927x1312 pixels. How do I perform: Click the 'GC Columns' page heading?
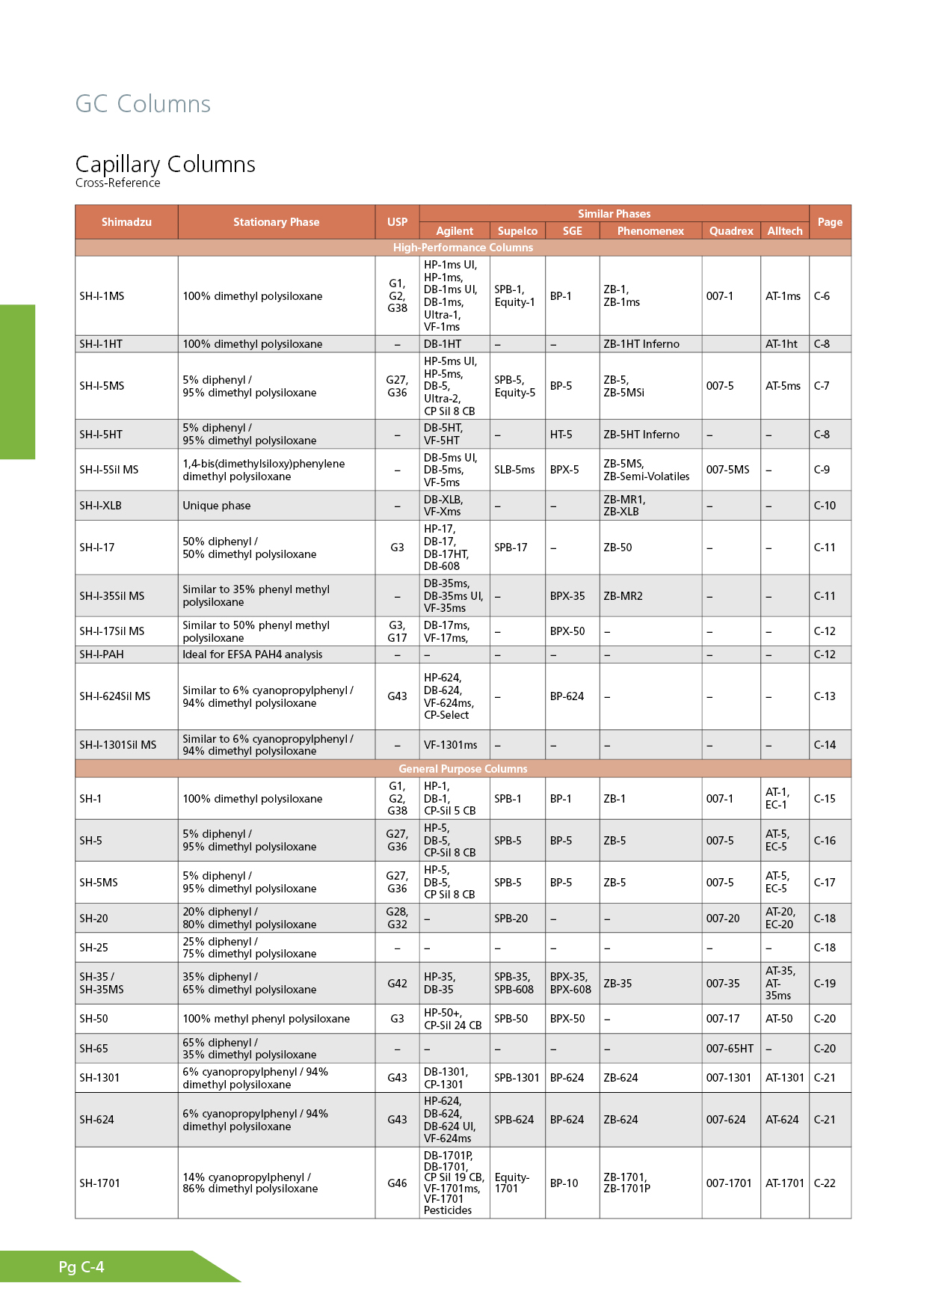tap(143, 104)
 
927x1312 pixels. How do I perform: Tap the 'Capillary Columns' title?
tap(165, 164)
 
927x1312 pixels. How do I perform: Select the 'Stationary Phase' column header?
tap(276, 222)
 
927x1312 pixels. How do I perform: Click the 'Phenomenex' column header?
tap(650, 231)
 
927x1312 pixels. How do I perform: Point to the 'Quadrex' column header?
tap(730, 231)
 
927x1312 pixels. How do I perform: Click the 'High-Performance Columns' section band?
tap(463, 248)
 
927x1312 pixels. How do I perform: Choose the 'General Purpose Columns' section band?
tap(463, 769)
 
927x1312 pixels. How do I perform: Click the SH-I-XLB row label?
tap(100, 506)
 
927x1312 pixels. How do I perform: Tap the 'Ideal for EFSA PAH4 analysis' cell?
tap(253, 655)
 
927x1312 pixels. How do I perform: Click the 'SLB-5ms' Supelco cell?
tap(514, 470)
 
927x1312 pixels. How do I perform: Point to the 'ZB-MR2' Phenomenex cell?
tap(623, 596)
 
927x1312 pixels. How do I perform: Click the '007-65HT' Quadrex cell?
tap(730, 1049)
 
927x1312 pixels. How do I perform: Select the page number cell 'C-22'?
tap(825, 1183)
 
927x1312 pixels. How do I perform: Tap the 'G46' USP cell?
tap(397, 1183)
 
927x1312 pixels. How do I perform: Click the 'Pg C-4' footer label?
tap(81, 1267)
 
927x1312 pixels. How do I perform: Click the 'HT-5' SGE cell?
tap(561, 435)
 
